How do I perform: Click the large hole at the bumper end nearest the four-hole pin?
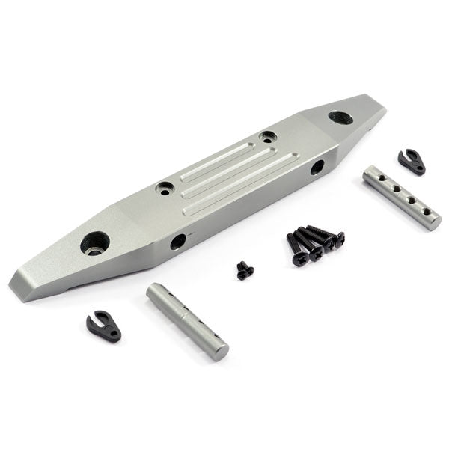[x=340, y=117]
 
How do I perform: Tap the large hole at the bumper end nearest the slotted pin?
[x=96, y=242]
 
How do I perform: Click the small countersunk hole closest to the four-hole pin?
[x=267, y=137]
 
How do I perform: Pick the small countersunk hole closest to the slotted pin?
[x=165, y=188]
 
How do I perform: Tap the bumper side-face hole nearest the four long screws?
[x=317, y=168]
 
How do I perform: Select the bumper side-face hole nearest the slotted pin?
[x=178, y=242]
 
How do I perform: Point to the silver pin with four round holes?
[x=402, y=198]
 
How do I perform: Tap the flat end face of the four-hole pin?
[x=433, y=222]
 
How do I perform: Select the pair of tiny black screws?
[x=245, y=271]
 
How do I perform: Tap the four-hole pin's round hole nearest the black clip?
[x=381, y=181]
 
